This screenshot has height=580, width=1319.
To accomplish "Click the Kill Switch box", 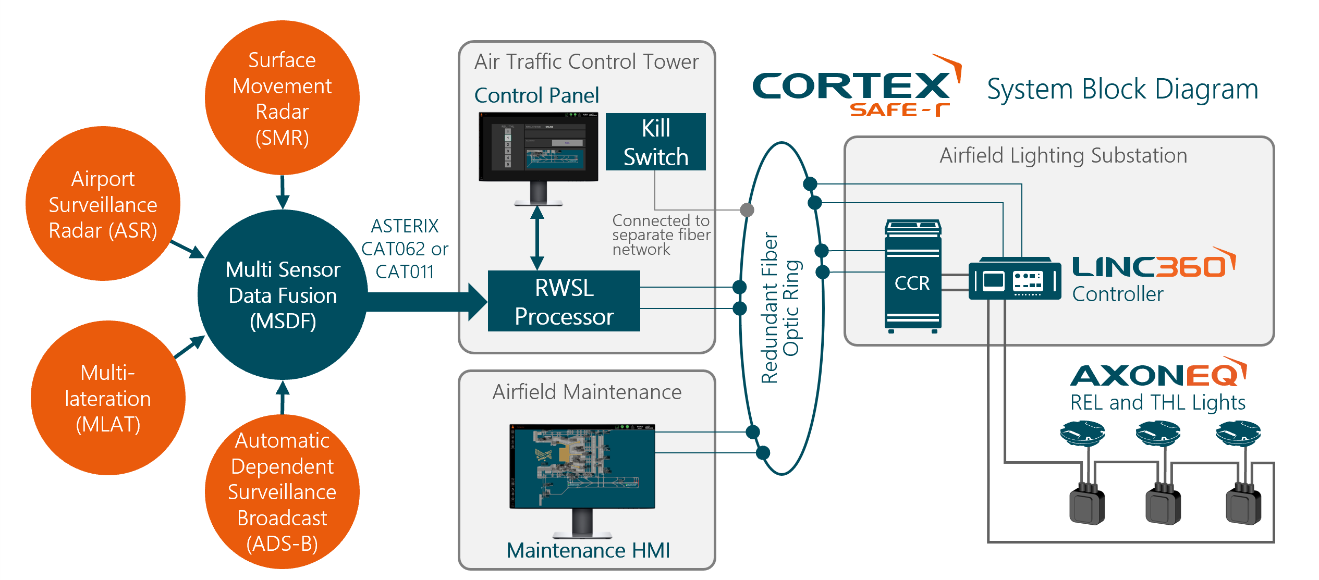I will point(655,142).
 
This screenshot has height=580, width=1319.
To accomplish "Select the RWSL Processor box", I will point(564,301).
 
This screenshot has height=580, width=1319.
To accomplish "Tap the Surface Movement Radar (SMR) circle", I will point(282,98).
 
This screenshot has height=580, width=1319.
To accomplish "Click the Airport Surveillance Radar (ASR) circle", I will point(103,204).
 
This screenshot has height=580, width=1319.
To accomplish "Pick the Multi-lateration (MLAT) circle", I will point(108,398).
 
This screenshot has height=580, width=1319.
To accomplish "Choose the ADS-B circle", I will point(282,491).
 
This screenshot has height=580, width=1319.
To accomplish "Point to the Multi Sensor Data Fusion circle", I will point(283,295).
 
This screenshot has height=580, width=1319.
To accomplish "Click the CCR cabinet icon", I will point(912,276).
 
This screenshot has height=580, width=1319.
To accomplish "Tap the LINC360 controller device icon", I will point(1014,280).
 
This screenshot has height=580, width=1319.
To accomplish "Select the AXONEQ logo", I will point(1157,374).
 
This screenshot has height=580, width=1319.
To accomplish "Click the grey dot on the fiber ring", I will point(747,209).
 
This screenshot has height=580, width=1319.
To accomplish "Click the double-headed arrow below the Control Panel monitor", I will point(537,238).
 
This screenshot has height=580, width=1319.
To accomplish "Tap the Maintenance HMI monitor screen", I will point(582,466).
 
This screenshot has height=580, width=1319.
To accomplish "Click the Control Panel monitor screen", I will point(538,146).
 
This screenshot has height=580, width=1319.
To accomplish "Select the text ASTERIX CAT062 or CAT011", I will point(405,249).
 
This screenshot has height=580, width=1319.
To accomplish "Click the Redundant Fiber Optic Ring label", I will point(780,307).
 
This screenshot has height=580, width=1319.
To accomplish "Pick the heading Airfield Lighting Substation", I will point(1063,155).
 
